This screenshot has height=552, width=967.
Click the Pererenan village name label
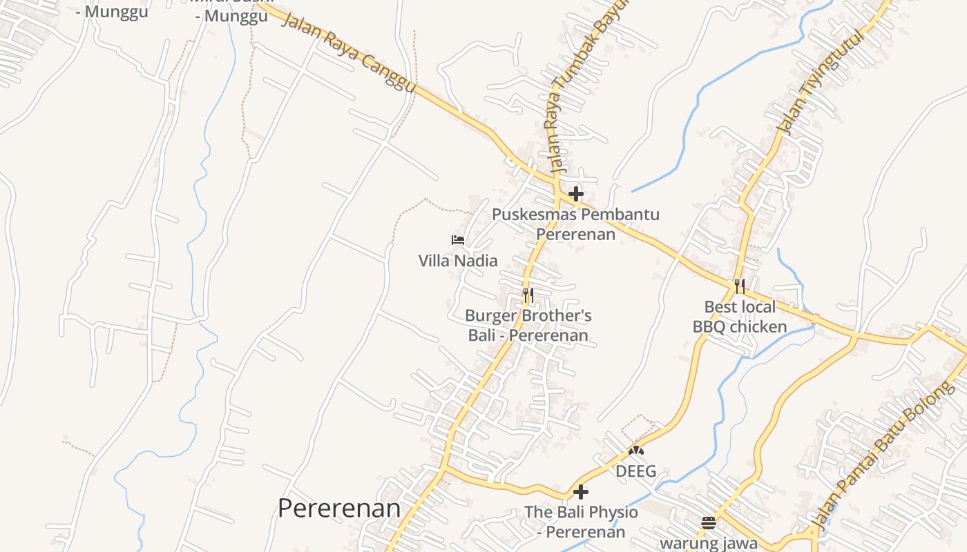(339, 509)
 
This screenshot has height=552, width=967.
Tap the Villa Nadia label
(458, 261)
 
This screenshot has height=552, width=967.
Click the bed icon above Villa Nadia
(458, 240)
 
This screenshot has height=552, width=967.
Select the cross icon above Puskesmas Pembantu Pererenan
(576, 194)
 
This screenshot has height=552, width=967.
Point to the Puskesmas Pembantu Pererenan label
(575, 224)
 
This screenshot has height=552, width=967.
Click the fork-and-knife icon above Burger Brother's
(528, 295)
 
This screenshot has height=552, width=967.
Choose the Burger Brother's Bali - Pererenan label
(528, 326)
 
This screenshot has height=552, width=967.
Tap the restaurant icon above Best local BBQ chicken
(740, 286)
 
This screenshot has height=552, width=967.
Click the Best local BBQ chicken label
(740, 317)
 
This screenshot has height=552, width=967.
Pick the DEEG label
(635, 472)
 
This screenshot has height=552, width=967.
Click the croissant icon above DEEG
(635, 451)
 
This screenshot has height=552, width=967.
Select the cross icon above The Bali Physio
(581, 492)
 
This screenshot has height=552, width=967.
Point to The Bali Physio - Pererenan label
(581, 522)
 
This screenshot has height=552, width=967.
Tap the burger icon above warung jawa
(709, 522)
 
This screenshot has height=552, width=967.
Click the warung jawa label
(709, 543)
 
